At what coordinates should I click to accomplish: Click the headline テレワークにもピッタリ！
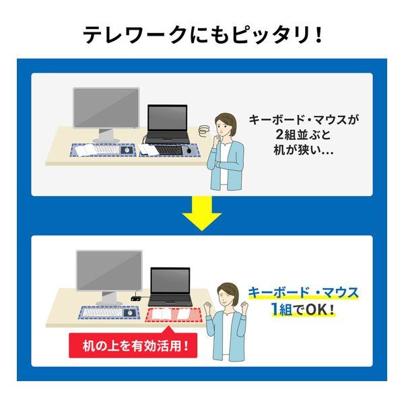203,34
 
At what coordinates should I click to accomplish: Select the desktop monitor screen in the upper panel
106,108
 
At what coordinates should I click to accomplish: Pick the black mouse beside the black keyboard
189,149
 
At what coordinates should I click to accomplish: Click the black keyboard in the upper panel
169,149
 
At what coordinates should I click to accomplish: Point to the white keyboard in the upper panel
106,149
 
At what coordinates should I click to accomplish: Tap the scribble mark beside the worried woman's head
204,129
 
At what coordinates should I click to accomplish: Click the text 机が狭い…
304,150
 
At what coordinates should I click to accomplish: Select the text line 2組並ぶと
303,134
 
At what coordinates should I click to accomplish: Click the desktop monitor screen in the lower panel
109,271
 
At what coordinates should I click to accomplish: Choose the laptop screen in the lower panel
170,281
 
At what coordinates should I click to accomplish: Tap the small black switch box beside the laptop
136,298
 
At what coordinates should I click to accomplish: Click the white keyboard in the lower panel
102,312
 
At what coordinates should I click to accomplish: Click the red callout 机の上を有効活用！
133,345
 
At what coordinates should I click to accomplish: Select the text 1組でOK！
303,309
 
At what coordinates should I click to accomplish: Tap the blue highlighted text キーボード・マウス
303,293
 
